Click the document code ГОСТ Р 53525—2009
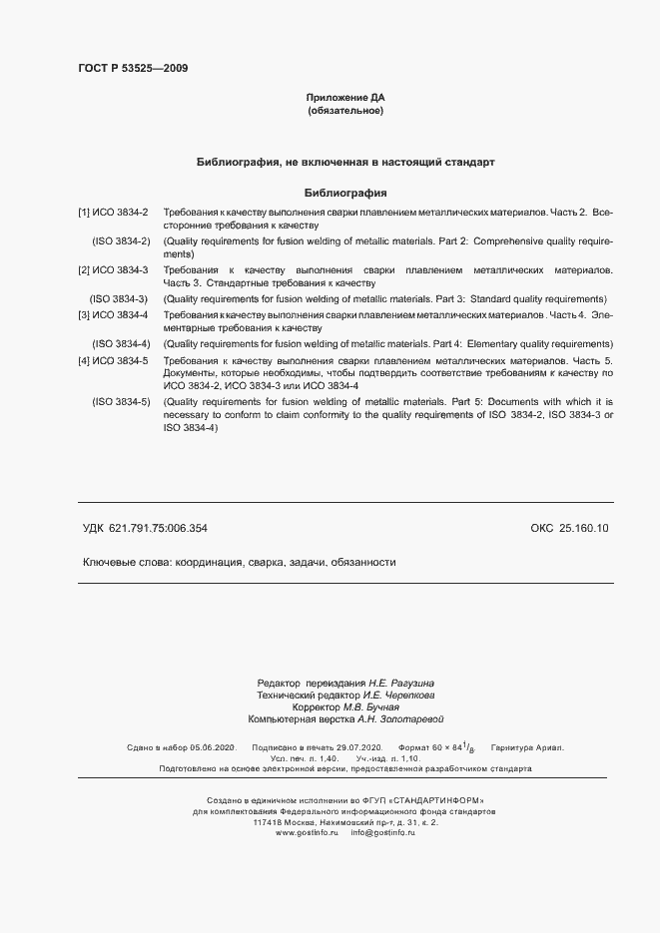(x=133, y=69)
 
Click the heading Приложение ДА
(x=344, y=98)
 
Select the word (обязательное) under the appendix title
(x=344, y=111)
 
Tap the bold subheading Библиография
(x=344, y=193)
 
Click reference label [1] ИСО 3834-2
(x=114, y=214)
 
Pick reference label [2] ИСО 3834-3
(x=114, y=270)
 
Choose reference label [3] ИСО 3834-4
(x=114, y=315)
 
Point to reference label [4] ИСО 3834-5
(x=114, y=360)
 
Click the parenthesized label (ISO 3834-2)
(x=121, y=242)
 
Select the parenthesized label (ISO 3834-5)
(x=121, y=401)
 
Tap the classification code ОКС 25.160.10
(x=569, y=528)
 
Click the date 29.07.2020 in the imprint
(x=357, y=747)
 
